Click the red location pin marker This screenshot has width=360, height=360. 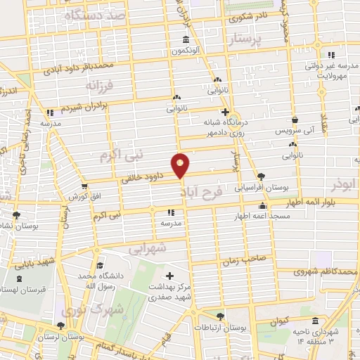pyautogui.click(x=181, y=165)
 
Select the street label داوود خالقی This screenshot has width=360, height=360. pyautogui.click(x=146, y=179)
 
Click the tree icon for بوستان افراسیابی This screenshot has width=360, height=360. pyautogui.click(x=262, y=176)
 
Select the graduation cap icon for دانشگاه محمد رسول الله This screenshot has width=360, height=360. pyautogui.click(x=99, y=266)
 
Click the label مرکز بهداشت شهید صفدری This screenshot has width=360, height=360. pyautogui.click(x=169, y=288)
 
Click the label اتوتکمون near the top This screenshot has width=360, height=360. pyautogui.click(x=184, y=51)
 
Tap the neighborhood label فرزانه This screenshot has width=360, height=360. pyautogui.click(x=99, y=86)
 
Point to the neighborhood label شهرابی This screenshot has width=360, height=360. pyautogui.click(x=148, y=247)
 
